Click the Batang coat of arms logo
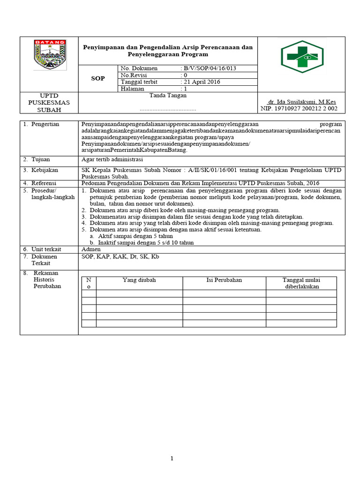pos(50,54)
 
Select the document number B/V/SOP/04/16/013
pos(210,68)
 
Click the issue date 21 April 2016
pos(202,82)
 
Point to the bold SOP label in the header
pos(97,78)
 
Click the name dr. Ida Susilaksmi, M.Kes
pos(301,102)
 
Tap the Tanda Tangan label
pos(168,95)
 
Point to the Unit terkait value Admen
pos(91,249)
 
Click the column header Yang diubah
pos(139,280)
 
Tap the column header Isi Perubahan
pos(224,280)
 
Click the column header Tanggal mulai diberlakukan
pos(301,283)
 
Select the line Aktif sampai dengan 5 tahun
pos(132,236)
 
